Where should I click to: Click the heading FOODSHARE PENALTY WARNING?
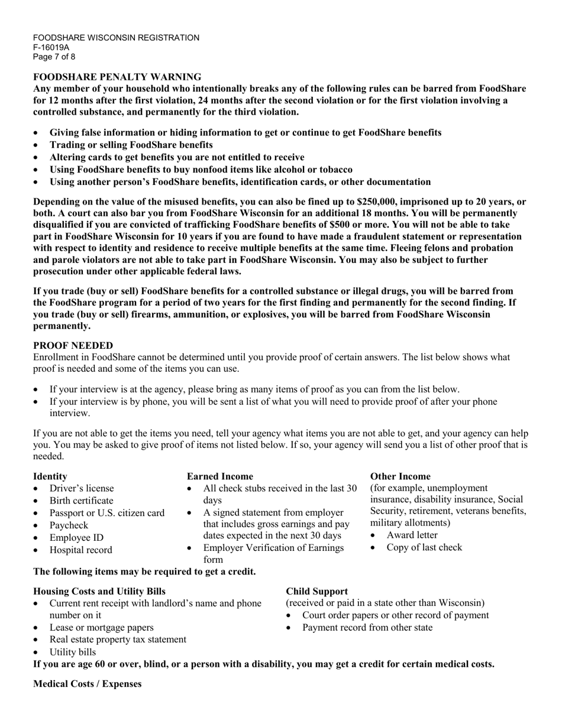(x=117, y=77)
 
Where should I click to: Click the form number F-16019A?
(x=51, y=47)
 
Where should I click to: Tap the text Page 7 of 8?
(x=54, y=57)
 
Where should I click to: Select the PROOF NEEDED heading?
(x=73, y=345)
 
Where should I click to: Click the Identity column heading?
(x=50, y=476)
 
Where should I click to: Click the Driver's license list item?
(x=82, y=488)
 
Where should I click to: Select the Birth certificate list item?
(x=81, y=501)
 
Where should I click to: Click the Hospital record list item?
(x=80, y=550)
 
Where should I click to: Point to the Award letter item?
(x=412, y=535)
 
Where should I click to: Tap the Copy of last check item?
(x=424, y=547)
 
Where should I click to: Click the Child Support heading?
(x=316, y=591)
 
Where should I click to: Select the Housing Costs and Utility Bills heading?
(x=99, y=591)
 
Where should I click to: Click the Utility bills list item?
(x=72, y=652)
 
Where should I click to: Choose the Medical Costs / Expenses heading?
(x=88, y=684)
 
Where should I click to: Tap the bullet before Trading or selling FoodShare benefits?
(x=37, y=145)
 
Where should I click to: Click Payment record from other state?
(x=367, y=627)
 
